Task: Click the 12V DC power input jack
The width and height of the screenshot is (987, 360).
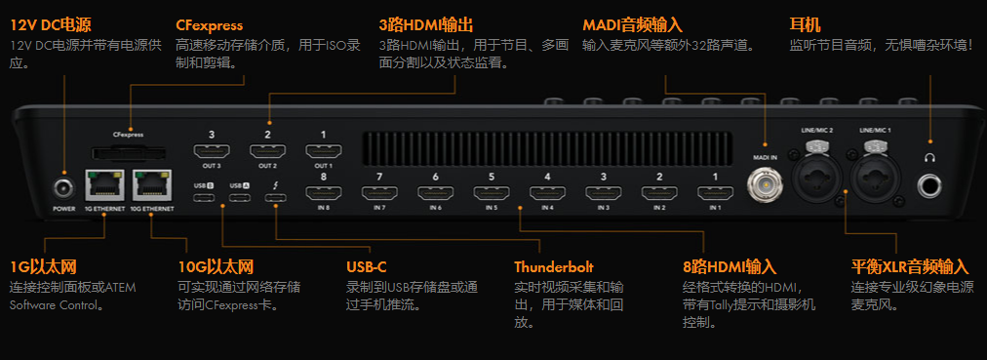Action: click(64, 187)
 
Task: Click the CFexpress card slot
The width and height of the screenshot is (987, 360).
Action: click(128, 152)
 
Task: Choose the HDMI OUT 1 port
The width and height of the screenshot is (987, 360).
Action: click(324, 151)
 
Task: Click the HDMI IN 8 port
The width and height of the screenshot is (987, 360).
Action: click(324, 194)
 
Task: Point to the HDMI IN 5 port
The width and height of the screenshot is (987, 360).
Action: click(491, 194)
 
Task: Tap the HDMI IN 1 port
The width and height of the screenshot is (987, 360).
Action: click(715, 194)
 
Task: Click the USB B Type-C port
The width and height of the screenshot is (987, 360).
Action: click(204, 200)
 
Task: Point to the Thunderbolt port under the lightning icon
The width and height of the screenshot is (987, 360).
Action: click(275, 200)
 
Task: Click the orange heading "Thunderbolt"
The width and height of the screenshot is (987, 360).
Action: click(553, 266)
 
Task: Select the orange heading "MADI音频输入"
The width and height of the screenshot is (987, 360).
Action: click(632, 24)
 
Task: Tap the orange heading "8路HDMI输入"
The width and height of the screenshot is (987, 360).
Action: click(729, 266)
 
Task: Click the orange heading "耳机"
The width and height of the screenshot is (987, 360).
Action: click(806, 24)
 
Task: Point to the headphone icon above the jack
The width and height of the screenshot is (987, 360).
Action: click(930, 156)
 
